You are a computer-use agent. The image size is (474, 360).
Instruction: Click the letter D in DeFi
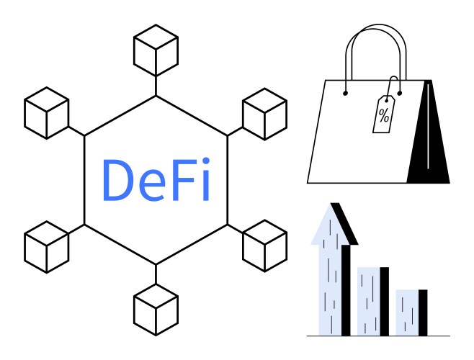[x=117, y=180]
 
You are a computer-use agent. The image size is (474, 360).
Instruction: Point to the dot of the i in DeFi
[x=206, y=161]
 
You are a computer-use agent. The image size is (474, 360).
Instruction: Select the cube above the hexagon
[x=156, y=50]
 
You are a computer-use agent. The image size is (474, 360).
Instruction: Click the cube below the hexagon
[x=156, y=310]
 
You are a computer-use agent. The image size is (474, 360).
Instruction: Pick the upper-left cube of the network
[x=47, y=113]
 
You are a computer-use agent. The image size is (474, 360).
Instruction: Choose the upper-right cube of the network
[x=265, y=114]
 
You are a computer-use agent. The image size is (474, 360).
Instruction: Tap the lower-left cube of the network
[x=47, y=247]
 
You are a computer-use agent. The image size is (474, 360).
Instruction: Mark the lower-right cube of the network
[x=265, y=246]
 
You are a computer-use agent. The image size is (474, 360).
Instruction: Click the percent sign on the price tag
[x=384, y=115]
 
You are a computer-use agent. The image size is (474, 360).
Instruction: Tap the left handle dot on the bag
[x=345, y=94]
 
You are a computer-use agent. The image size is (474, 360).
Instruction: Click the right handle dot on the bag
[x=399, y=94]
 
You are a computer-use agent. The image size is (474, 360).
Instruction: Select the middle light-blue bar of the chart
[x=369, y=302]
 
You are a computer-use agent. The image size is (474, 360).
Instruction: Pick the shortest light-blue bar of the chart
[x=407, y=312]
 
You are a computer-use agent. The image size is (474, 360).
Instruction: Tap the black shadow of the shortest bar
[x=423, y=312]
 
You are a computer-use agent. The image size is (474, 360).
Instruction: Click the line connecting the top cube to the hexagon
[x=156, y=86]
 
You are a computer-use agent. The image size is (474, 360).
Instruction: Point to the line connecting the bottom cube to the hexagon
[x=156, y=274]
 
